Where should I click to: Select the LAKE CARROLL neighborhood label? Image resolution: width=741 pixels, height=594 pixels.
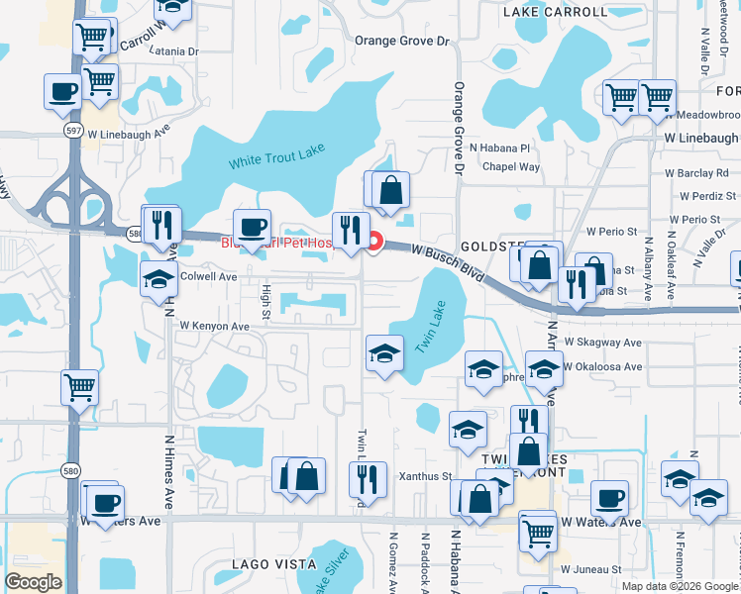(555, 12)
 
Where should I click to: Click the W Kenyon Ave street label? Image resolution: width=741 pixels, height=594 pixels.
(214, 326)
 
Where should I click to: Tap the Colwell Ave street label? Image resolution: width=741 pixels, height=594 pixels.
(209, 277)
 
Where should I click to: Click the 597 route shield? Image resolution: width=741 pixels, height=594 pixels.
(73, 130)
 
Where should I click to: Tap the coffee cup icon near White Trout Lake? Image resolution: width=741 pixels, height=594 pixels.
(252, 228)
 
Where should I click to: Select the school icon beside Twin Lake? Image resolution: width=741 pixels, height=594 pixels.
(384, 353)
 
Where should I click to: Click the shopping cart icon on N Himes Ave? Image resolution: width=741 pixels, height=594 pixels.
(79, 387)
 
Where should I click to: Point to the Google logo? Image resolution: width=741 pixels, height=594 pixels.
(34, 582)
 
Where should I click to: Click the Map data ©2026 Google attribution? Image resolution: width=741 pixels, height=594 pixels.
(679, 585)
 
